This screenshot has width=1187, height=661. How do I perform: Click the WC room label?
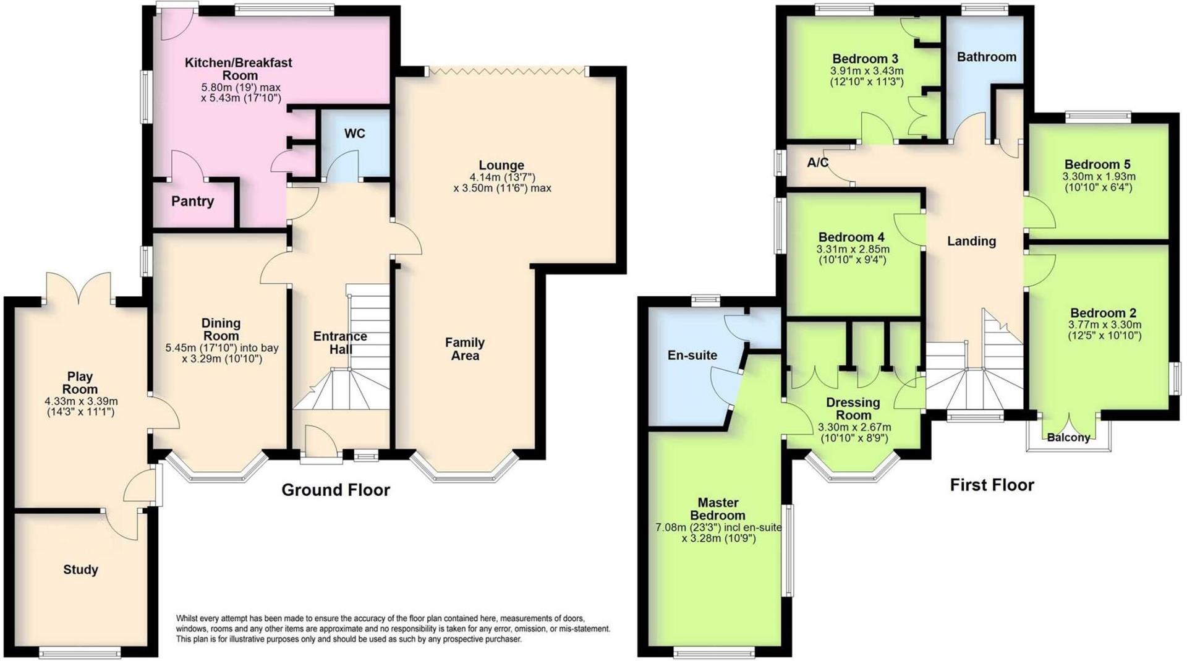tap(354, 134)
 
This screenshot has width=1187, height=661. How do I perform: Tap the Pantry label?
tap(192, 201)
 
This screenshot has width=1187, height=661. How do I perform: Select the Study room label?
tap(80, 569)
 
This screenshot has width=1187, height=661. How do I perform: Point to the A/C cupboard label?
tap(817, 163)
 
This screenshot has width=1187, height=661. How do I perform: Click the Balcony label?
tap(1068, 437)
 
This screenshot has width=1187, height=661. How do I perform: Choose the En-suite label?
tap(692, 355)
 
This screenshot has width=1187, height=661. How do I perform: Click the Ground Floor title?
tap(336, 490)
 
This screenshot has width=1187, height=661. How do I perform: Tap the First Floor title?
tap(992, 485)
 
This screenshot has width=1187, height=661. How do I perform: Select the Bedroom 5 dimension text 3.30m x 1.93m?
tap(1098, 176)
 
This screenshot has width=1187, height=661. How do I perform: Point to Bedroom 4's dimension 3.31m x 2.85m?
tap(853, 249)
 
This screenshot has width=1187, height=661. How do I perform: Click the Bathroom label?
tap(986, 57)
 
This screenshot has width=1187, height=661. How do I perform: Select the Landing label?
tap(971, 241)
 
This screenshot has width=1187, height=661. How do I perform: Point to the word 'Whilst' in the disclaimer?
tap(188, 618)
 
